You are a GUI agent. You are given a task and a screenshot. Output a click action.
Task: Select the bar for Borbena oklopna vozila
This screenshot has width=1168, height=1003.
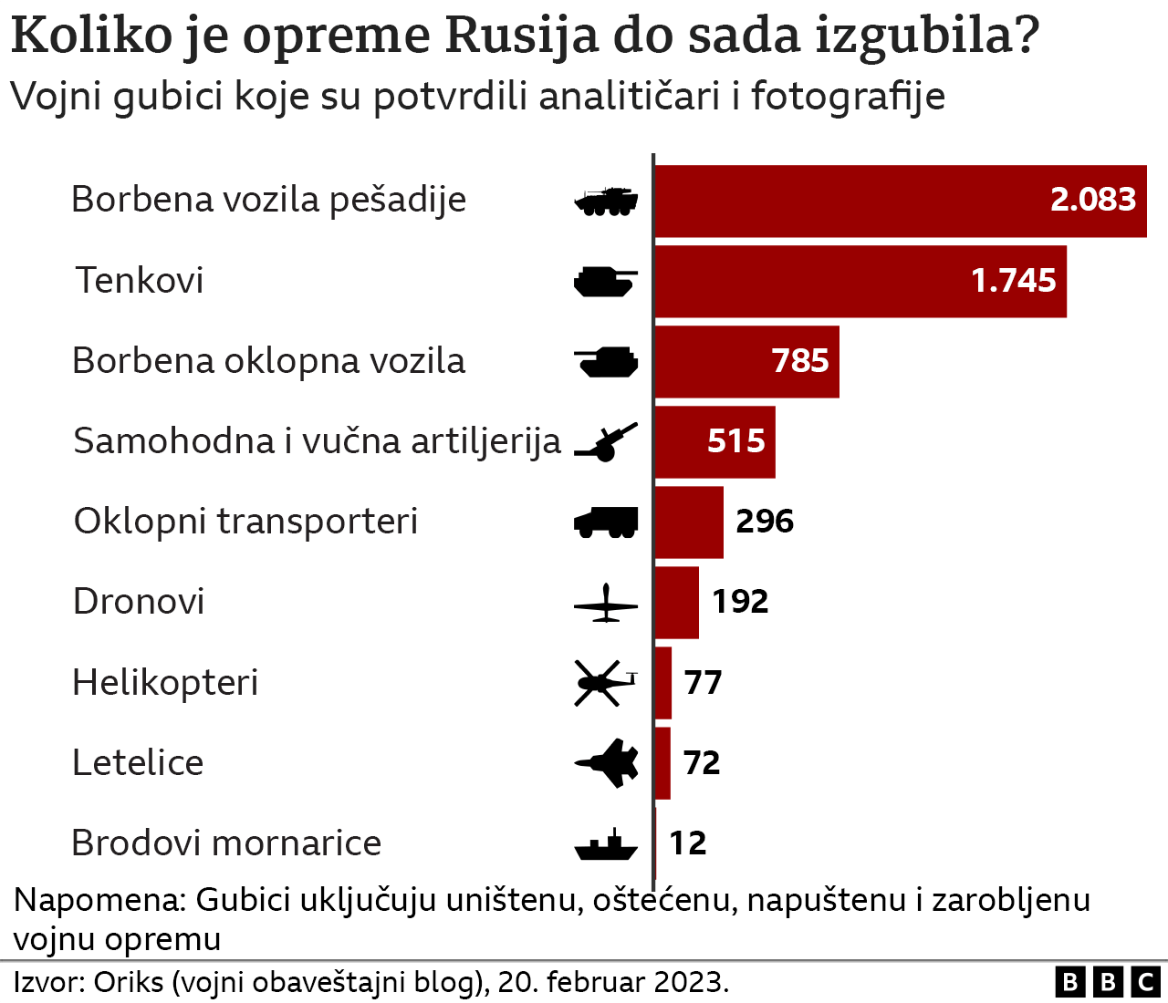pos(746,361)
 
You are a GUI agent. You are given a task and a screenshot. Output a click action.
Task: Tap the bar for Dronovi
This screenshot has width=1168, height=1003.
pos(676,602)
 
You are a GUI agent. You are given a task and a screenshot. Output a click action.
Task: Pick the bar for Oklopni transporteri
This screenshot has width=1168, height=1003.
pos(689,522)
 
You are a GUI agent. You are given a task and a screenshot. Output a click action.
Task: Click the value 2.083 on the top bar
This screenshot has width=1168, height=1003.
pos(1092,200)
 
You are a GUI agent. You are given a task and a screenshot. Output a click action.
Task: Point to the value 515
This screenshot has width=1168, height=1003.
pos(735,441)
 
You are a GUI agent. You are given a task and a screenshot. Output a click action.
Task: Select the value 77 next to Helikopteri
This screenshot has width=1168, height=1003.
pos(703,682)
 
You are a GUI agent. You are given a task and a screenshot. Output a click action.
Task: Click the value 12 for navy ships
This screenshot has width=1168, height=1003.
pos(687,843)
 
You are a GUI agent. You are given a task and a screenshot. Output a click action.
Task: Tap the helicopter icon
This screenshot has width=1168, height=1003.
pos(605,682)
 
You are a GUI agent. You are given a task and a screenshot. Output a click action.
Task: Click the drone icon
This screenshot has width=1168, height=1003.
pos(605,603)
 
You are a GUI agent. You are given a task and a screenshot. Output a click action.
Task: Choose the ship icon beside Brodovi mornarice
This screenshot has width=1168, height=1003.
pos(605,846)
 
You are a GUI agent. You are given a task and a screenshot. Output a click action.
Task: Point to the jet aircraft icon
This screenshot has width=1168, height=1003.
pos(607,762)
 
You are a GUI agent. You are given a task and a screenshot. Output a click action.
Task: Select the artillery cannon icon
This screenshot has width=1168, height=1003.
pos(605,443)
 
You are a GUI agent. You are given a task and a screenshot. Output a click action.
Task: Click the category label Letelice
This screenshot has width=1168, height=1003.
pos(138,763)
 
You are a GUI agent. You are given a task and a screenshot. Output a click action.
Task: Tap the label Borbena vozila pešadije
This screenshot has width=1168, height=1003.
pos(268,200)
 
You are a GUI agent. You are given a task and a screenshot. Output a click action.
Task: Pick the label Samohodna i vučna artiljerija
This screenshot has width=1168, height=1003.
pos(317,441)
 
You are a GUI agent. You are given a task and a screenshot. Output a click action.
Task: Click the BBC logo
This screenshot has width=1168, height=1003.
pos(1108,982)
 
